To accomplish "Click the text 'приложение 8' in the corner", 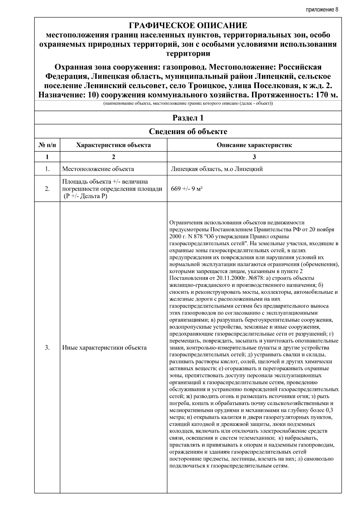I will [x=322, y=9].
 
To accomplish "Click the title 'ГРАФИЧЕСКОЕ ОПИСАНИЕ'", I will [x=188, y=25].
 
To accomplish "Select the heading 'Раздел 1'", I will [x=188, y=118].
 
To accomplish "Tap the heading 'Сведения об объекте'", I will [x=188, y=131].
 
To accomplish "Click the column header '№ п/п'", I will [x=47, y=145].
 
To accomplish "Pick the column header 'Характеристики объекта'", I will [x=113, y=145].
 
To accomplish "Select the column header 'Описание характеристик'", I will [x=254, y=145].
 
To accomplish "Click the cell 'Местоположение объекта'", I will [x=98, y=169].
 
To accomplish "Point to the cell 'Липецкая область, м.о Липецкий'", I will [x=217, y=169].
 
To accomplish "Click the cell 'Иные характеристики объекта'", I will [x=104, y=348].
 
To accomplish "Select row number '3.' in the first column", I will [x=47, y=348].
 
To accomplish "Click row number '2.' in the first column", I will [x=47, y=189].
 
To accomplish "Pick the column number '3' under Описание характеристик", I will [x=254, y=157].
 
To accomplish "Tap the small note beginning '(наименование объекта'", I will [x=188, y=103].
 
